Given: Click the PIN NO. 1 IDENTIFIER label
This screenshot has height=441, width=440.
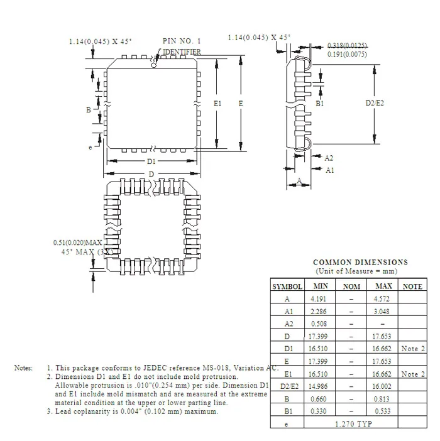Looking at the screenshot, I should click(x=182, y=46).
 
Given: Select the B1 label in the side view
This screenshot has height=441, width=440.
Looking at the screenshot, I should click(x=320, y=103).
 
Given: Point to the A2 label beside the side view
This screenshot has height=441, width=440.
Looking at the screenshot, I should click(x=329, y=158).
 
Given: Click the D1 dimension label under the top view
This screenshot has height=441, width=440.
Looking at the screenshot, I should click(x=151, y=161).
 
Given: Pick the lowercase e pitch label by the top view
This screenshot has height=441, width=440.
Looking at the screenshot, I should click(x=91, y=146).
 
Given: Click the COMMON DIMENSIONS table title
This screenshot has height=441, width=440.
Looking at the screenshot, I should click(x=360, y=263).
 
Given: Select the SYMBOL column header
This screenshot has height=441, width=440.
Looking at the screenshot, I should click(x=287, y=286).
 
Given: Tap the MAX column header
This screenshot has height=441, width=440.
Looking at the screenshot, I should click(x=383, y=286).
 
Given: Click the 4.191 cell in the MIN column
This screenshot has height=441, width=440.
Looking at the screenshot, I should click(x=318, y=299).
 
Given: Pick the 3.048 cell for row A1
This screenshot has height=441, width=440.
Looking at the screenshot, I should click(x=382, y=311).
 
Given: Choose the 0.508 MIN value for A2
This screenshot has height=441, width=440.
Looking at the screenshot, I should click(x=318, y=324).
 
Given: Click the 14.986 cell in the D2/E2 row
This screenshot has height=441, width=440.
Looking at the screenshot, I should click(x=318, y=386).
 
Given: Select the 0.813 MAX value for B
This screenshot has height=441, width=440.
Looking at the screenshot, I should click(x=382, y=398).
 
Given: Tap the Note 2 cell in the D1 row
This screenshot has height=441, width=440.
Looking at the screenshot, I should click(x=413, y=349).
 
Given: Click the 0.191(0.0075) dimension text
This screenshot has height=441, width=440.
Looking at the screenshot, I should click(x=348, y=55).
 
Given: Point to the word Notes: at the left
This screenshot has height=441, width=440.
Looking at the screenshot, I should click(x=23, y=367).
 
